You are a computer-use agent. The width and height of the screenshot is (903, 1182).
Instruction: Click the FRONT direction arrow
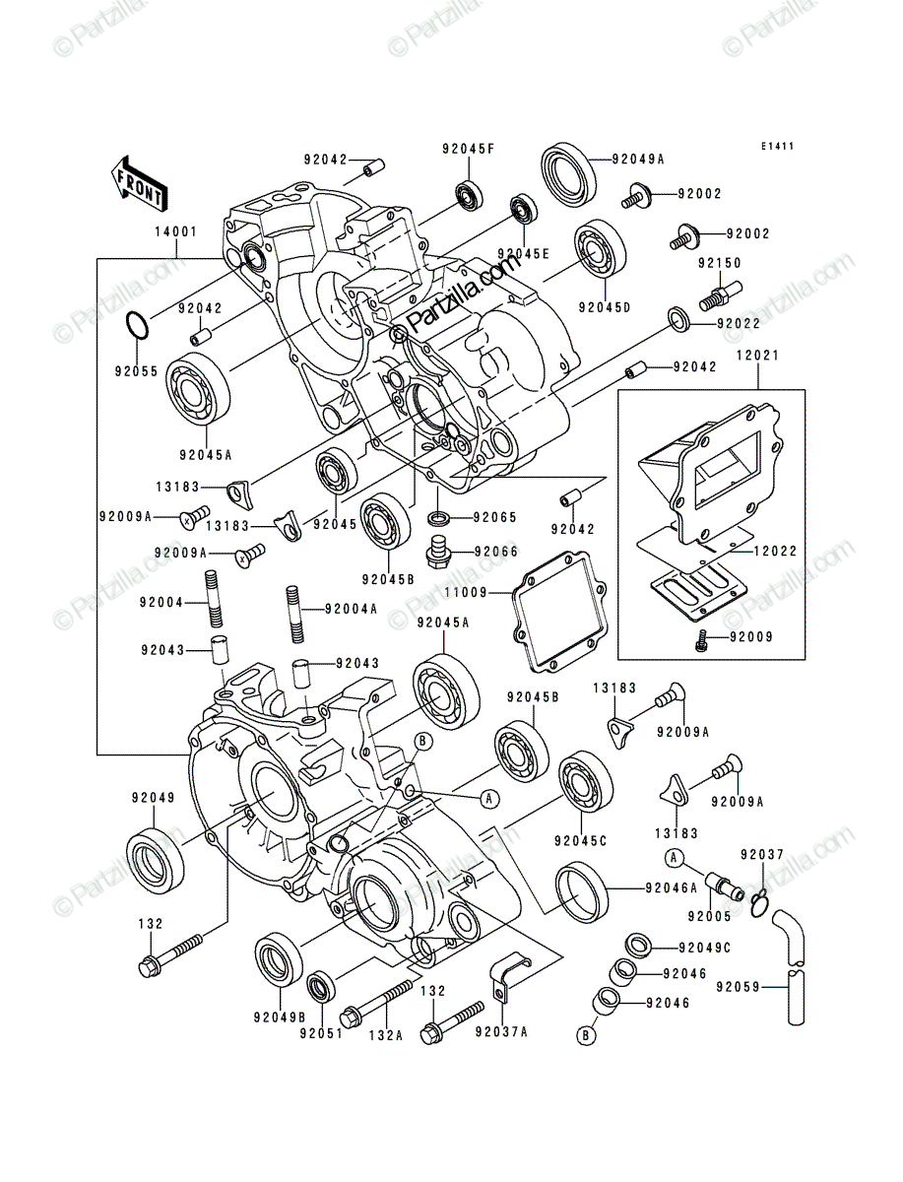coord(138,184)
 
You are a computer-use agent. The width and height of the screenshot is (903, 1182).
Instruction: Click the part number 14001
coord(176,232)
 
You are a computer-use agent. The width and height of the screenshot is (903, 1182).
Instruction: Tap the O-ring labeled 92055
coord(136,326)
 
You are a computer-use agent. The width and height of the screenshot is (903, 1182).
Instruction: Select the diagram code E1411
coord(778,146)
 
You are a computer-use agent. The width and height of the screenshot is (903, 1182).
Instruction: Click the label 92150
coord(720,263)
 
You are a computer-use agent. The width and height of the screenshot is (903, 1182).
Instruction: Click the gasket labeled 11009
coord(558,612)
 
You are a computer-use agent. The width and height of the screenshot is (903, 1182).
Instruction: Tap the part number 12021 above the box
coord(757,356)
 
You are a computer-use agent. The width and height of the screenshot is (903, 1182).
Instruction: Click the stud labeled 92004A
coord(293,614)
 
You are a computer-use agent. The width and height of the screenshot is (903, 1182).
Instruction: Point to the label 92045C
coord(581,840)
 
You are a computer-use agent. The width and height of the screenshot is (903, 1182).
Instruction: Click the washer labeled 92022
coord(680,320)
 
